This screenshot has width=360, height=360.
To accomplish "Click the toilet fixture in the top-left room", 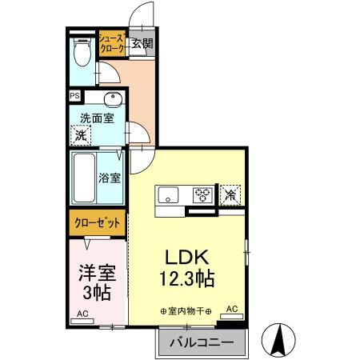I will click(x=81, y=54).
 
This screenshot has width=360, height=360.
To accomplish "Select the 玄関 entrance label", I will click(x=143, y=44).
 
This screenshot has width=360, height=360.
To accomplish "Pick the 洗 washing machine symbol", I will click(x=81, y=136).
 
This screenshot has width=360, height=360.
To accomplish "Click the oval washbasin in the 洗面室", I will click(x=111, y=100).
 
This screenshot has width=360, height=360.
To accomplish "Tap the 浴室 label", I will click(x=110, y=178).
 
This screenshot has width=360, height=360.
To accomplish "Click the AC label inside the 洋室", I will click(x=82, y=314).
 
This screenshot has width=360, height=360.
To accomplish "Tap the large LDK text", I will click(x=186, y=258).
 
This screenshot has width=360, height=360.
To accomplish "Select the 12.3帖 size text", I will click(x=187, y=281).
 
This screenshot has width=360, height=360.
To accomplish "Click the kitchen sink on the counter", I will click(x=169, y=194).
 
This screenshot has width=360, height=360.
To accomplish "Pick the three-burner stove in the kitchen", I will click(x=202, y=194).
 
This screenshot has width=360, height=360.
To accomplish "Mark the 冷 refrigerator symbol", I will click(x=230, y=194).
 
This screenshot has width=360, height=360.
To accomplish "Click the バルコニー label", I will click(x=201, y=342).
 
